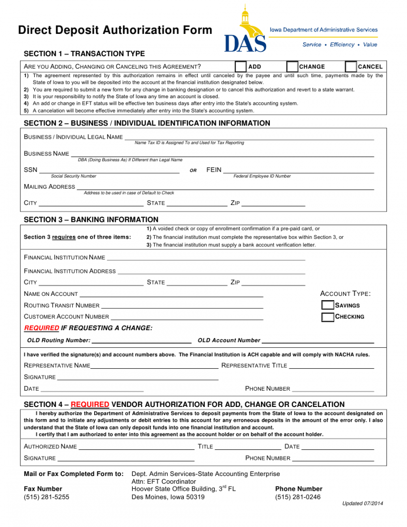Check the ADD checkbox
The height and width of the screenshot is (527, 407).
point(241,67)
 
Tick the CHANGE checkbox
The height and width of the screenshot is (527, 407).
point(292,67)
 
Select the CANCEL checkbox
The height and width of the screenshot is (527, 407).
point(351,67)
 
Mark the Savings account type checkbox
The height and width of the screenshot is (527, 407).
point(328,305)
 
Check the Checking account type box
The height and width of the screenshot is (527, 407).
point(328,317)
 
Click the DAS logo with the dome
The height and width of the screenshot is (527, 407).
point(245,31)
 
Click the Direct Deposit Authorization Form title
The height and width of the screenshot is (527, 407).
point(115,30)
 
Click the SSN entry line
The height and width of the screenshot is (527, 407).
point(109,170)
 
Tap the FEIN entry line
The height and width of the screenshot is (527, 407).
point(298,170)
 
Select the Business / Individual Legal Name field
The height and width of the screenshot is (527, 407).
point(249,137)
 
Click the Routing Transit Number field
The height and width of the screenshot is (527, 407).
point(182,305)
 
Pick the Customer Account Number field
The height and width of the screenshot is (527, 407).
point(187,316)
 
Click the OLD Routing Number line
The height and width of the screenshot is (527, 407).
point(141,340)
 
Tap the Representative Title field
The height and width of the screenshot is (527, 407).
point(331,365)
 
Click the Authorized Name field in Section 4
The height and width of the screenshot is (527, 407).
point(136,446)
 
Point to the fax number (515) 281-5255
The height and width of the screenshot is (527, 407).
point(47,497)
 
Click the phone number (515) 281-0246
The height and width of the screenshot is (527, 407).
point(298,497)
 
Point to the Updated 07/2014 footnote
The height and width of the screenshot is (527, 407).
point(363,504)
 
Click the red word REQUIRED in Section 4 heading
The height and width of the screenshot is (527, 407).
point(90,405)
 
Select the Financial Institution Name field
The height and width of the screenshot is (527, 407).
point(206,257)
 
